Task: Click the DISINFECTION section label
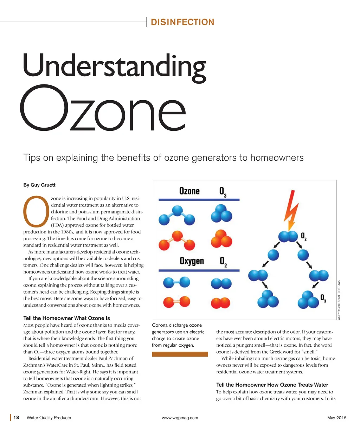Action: click(182, 22)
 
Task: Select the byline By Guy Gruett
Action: click(39, 185)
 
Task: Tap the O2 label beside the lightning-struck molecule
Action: click(304, 236)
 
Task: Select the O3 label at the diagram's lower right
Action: click(323, 298)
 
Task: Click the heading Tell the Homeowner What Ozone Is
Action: click(66, 318)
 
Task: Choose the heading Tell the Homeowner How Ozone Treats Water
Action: click(272, 385)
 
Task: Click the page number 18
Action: click(16, 418)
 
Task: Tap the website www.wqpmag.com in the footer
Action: click(180, 418)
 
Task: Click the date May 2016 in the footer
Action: click(336, 418)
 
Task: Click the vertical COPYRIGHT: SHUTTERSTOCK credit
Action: click(339, 300)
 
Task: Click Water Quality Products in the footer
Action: click(49, 418)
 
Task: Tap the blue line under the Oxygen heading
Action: click(199, 270)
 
